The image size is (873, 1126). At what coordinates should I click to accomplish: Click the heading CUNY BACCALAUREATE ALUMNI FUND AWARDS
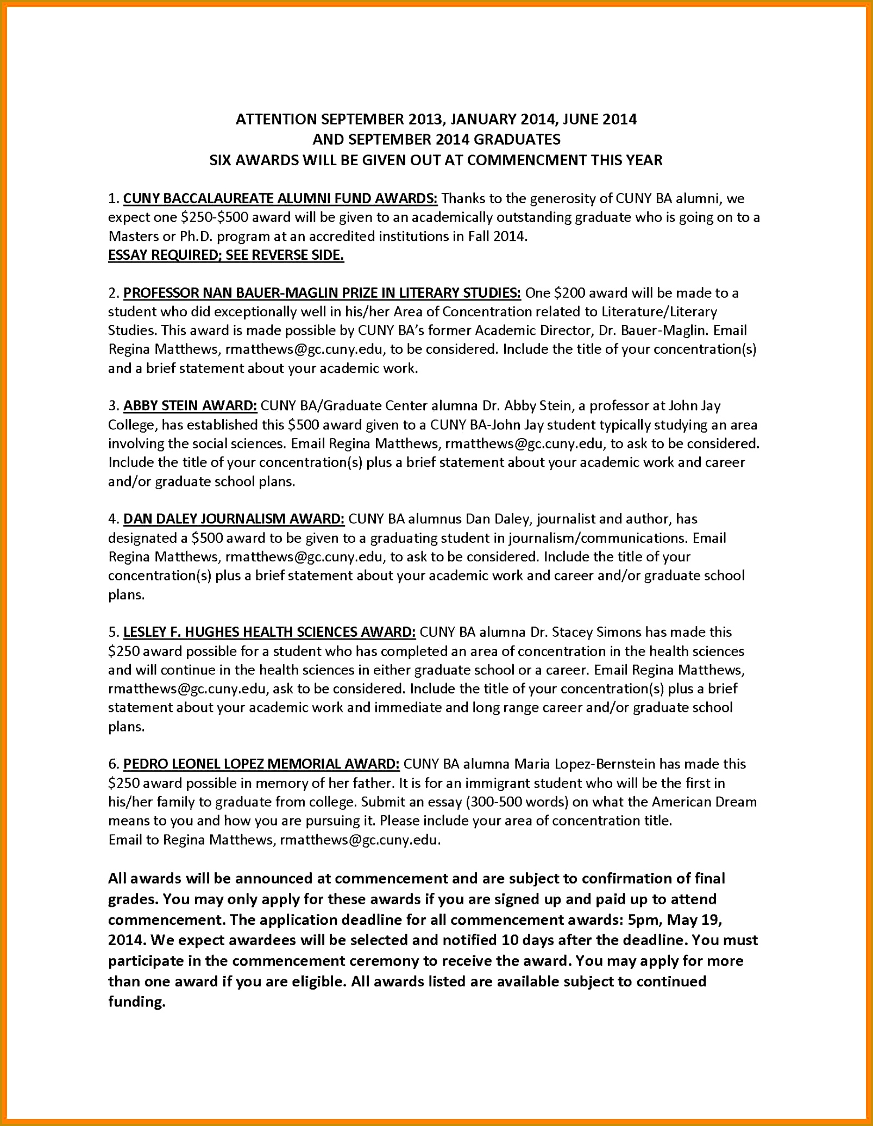[x=280, y=198]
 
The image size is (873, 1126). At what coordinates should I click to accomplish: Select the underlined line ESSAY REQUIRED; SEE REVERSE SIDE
[x=226, y=255]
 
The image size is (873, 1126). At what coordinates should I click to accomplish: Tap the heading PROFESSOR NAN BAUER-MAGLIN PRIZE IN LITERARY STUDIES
[x=322, y=293]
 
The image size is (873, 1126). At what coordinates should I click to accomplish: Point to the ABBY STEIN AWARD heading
[x=190, y=406]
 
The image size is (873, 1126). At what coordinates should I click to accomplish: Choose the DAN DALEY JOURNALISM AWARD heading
[x=234, y=519]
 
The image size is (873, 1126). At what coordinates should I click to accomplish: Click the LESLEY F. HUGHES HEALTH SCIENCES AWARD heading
[x=269, y=632]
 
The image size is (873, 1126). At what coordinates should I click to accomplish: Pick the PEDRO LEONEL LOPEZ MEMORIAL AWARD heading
[x=261, y=764]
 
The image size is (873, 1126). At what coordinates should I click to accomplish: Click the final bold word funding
[x=136, y=1002]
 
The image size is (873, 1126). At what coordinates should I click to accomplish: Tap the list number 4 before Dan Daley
[x=112, y=519]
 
